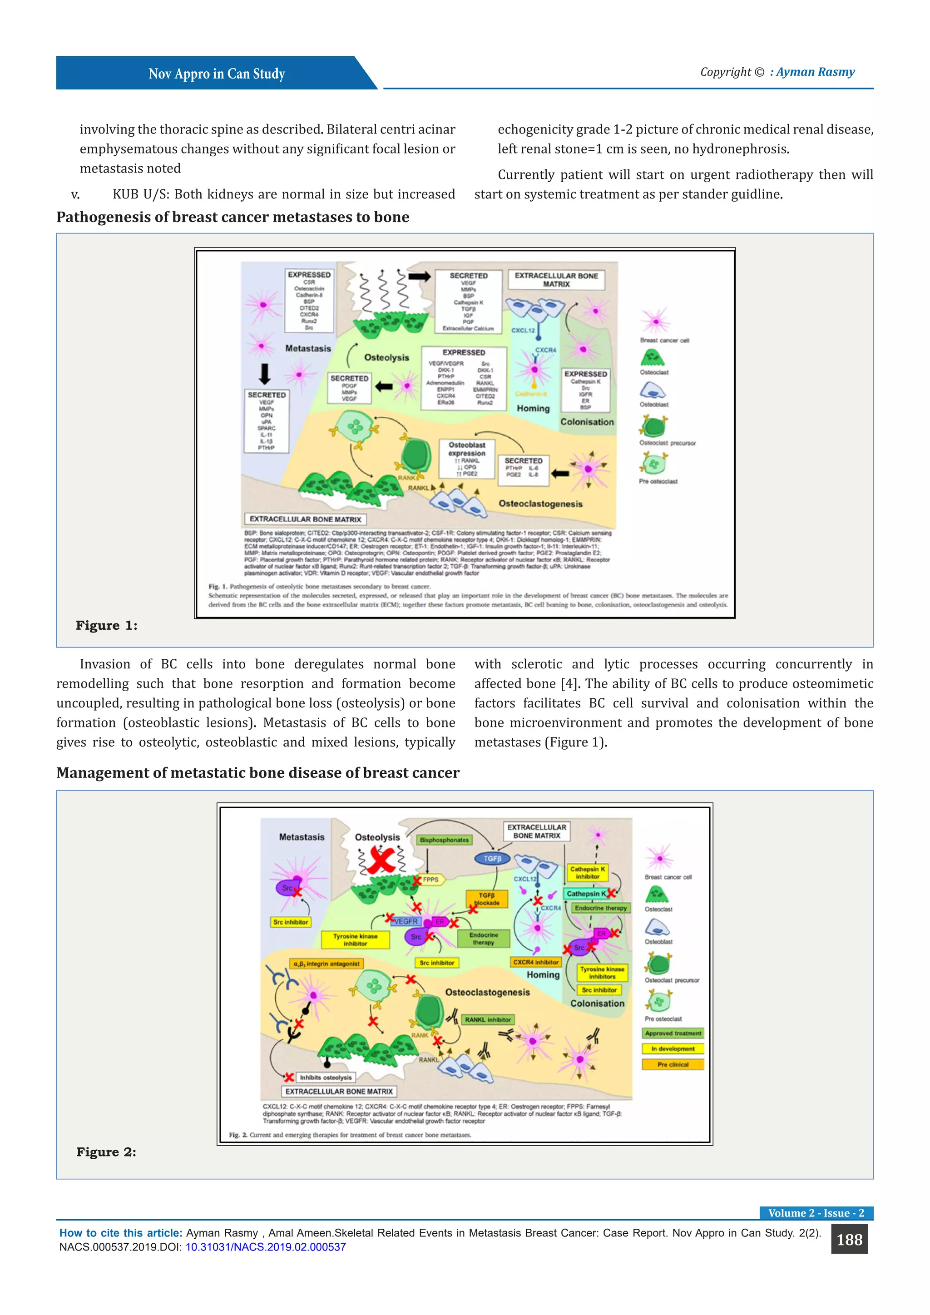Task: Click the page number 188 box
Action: click(x=849, y=1240)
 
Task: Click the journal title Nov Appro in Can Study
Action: click(x=217, y=74)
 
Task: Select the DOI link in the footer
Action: click(x=265, y=1247)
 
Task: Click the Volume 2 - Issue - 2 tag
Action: click(x=816, y=1212)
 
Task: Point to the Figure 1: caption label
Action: click(x=107, y=625)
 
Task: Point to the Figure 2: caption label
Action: click(x=107, y=1152)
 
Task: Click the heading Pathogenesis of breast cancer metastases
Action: click(x=232, y=217)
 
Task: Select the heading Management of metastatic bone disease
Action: click(x=257, y=773)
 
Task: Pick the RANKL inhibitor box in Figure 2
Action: click(x=487, y=1019)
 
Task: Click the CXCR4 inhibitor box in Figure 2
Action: click(x=535, y=962)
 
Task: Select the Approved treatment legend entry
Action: click(x=673, y=1033)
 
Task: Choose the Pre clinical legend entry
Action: click(x=673, y=1064)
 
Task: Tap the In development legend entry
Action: click(x=673, y=1048)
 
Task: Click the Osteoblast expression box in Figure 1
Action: click(x=467, y=458)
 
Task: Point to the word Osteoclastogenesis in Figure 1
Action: click(x=540, y=504)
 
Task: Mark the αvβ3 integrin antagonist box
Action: click(x=326, y=964)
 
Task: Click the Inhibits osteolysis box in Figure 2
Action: click(x=325, y=1078)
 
